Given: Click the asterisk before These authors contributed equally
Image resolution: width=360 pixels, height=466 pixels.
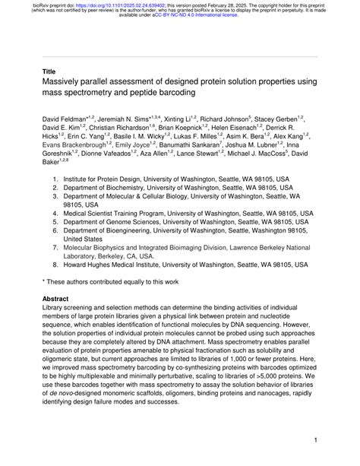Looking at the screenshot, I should [x=43, y=282].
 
